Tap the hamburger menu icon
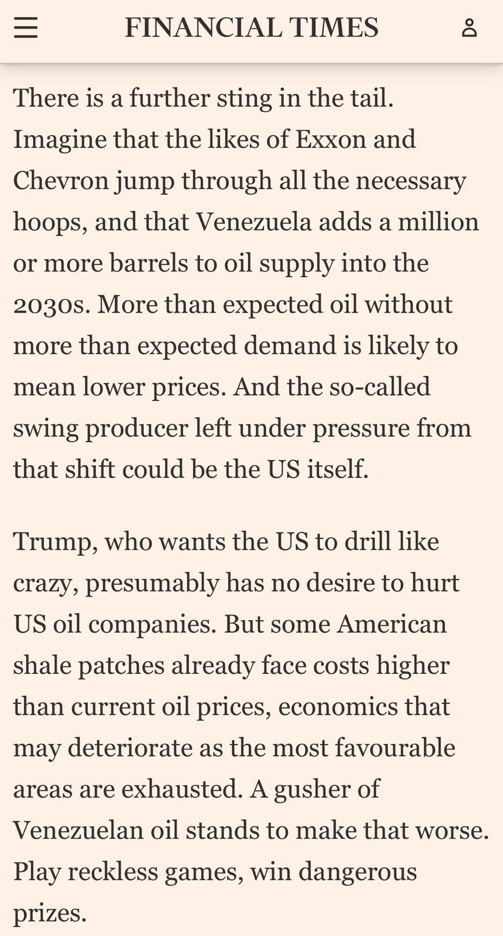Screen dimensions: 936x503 26,28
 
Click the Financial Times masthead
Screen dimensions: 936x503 251,28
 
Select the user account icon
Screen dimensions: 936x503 469,28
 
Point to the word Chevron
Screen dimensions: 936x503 61,181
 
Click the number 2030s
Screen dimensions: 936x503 52,305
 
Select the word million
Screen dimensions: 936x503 438,222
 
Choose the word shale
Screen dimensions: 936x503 42,665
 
